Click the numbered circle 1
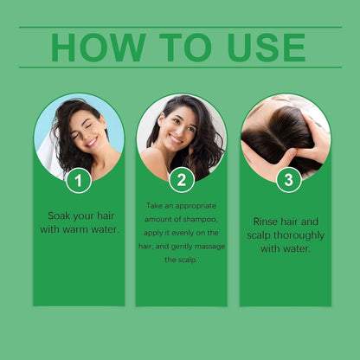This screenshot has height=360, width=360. pyautogui.click(x=79, y=181)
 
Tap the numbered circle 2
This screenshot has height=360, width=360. pyautogui.click(x=181, y=181)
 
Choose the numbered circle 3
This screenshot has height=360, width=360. pyautogui.click(x=288, y=179)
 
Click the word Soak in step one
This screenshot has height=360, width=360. pyautogui.click(x=60, y=215)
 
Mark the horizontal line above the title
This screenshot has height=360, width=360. pyautogui.click(x=180, y=27)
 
